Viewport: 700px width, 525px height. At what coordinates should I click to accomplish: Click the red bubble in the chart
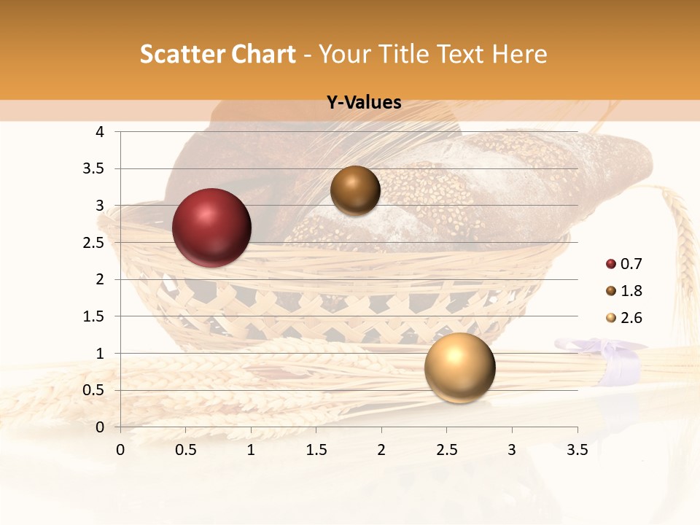click(x=212, y=227)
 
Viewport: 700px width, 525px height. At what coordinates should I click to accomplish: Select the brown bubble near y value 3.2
click(x=355, y=190)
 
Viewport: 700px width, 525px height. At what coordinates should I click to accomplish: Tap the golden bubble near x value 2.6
click(x=459, y=367)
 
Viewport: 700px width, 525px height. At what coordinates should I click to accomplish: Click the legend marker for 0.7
click(x=611, y=264)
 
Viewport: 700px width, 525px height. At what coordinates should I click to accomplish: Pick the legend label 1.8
click(x=631, y=291)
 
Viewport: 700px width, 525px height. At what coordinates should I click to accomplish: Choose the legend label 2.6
click(x=631, y=318)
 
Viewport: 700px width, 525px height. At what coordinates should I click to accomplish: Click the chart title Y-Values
click(x=364, y=103)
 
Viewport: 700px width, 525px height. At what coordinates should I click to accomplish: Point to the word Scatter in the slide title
click(x=180, y=54)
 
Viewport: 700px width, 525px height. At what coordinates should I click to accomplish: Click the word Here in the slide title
click(x=519, y=54)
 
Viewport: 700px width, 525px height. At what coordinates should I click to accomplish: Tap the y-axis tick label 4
click(x=100, y=132)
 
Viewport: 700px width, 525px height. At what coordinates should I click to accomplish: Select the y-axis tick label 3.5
click(x=93, y=168)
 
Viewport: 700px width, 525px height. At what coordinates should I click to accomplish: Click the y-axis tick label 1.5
click(x=93, y=316)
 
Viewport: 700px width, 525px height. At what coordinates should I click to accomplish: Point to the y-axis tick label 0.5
click(x=93, y=390)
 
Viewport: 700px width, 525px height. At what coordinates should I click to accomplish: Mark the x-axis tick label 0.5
click(x=185, y=450)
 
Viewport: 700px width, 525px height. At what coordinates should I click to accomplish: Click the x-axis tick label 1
click(x=251, y=450)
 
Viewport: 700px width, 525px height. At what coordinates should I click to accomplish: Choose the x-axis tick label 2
click(x=381, y=450)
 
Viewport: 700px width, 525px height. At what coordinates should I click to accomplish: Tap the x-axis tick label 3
click(x=512, y=450)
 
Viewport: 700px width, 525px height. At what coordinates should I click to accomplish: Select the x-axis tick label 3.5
click(x=577, y=450)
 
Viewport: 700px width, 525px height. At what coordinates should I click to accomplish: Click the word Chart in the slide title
click(x=260, y=54)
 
